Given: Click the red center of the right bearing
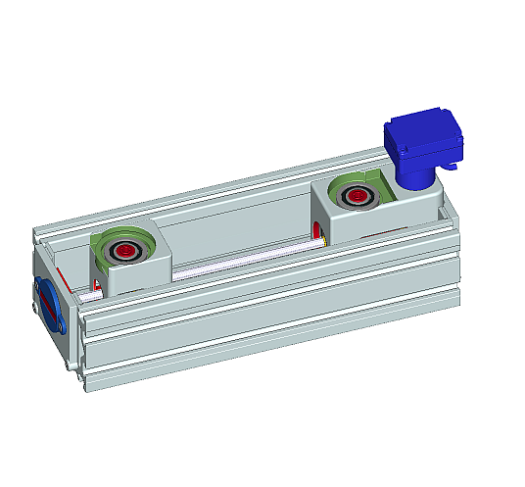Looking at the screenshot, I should click(354, 197).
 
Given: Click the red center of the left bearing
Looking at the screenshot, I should click(125, 252).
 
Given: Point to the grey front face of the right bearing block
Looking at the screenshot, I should click(362, 226).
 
